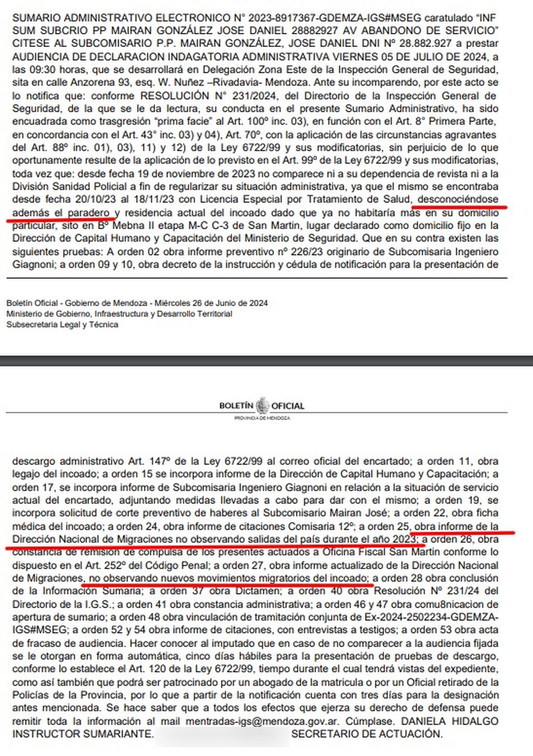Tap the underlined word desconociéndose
pos(458,199)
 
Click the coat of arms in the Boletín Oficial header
pos(263,406)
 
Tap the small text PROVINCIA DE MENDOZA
pos(262,418)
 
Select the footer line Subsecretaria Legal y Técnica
pos(62,325)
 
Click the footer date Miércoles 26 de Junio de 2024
pos(211,303)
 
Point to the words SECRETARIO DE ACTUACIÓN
pos(367,734)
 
